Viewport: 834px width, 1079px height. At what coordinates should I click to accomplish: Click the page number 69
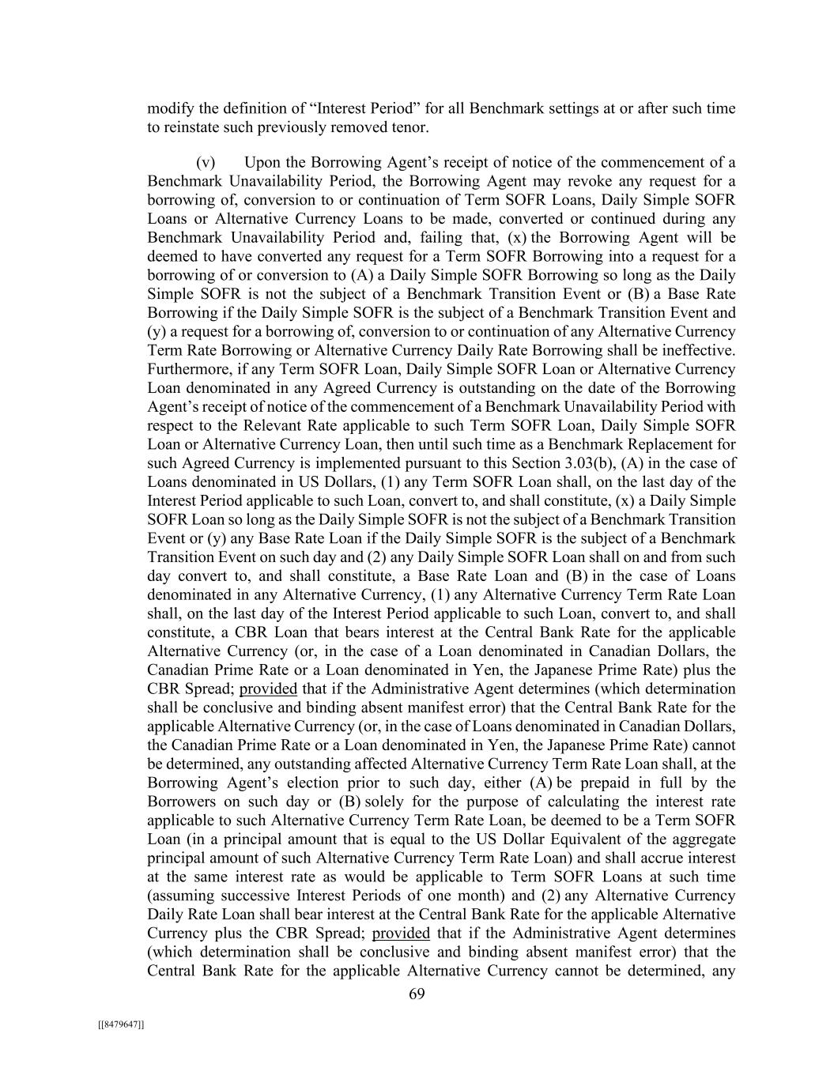(417, 994)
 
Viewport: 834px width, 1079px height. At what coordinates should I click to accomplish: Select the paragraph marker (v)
(206, 163)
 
